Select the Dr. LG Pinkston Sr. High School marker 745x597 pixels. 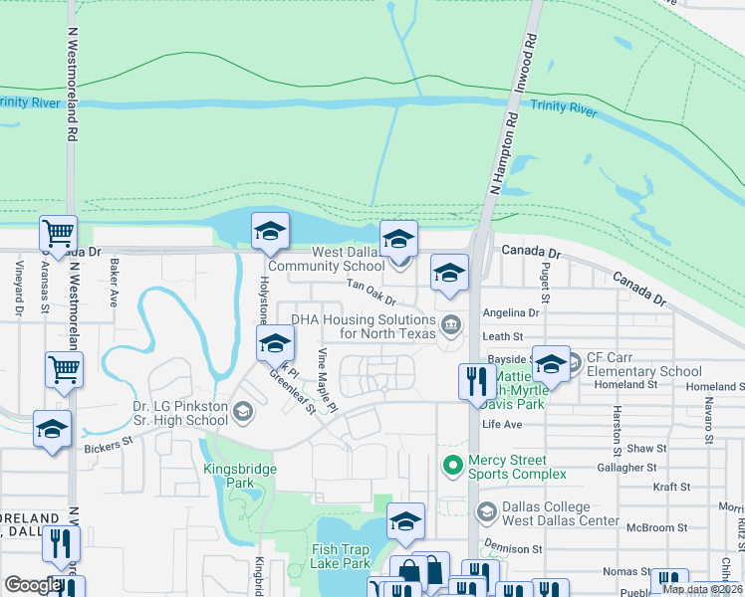tap(241, 410)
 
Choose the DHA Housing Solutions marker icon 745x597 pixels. tap(451, 323)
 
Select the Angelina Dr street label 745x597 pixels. tap(510, 312)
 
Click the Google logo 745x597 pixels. tap(32, 585)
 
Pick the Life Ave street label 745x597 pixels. tap(501, 425)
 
